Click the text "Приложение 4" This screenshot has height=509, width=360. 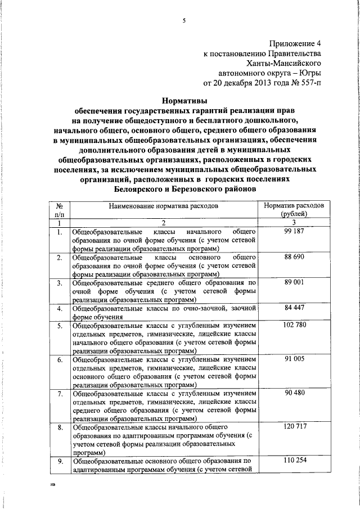click(296, 43)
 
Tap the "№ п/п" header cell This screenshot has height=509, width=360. click(60, 210)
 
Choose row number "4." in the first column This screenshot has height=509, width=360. click(60, 309)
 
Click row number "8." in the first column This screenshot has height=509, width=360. click(60, 428)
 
